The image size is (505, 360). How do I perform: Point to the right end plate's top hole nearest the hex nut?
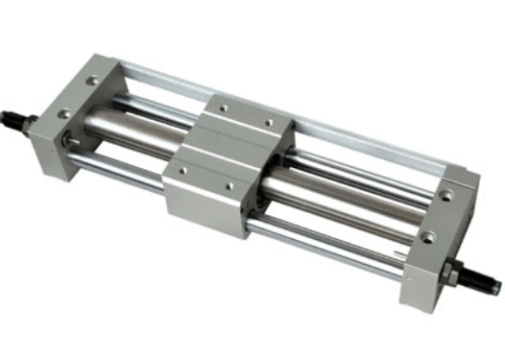coord(427,235)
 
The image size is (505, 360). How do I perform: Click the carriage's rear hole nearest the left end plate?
coord(223,108)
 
